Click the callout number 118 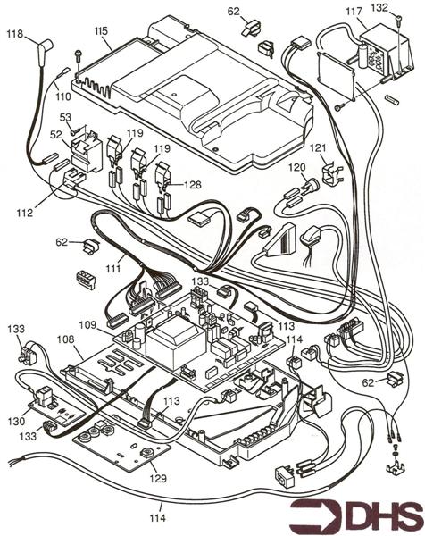pos(15,34)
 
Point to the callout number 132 pos(404,7)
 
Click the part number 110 pos(62,95)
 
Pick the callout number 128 pos(193,184)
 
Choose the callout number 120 pos(297,167)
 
